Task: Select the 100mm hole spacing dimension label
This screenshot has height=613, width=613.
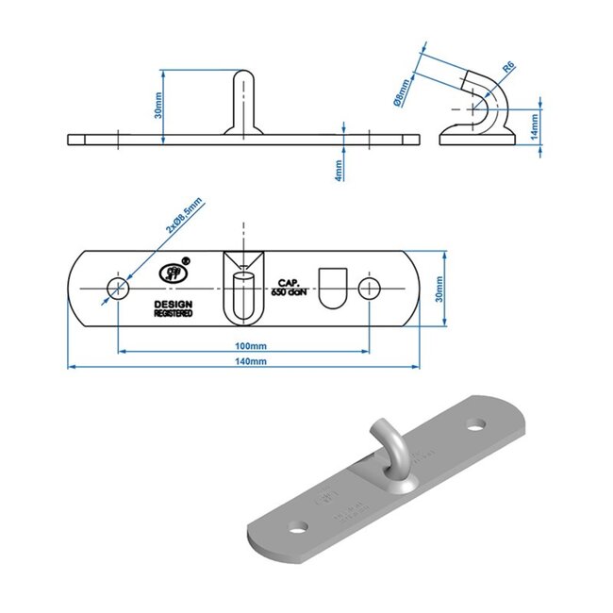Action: tap(248, 343)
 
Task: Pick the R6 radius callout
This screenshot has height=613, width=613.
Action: tap(508, 67)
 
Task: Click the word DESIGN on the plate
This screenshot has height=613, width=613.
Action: tap(174, 304)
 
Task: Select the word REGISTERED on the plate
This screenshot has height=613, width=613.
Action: tap(174, 313)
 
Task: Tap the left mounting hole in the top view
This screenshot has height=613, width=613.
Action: tap(117, 288)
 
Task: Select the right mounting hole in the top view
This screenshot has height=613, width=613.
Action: tap(370, 288)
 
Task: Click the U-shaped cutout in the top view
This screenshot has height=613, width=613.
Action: tap(333, 286)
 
